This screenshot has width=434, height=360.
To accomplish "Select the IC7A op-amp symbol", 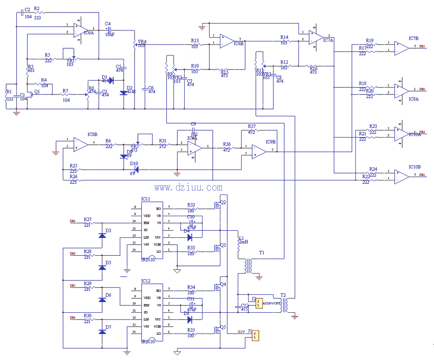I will pyautogui.click(x=317, y=37).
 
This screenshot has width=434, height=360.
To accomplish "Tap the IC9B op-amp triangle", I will pyautogui.click(x=258, y=151).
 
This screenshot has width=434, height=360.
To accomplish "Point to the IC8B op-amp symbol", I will pyautogui.click(x=80, y=143).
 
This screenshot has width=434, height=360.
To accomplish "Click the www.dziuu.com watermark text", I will pyautogui.click(x=188, y=188).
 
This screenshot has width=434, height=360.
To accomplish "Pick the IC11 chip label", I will pyautogui.click(x=145, y=199).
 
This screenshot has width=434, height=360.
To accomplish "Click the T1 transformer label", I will pyautogui.click(x=262, y=252).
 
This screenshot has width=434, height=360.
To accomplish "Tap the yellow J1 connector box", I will pyautogui.click(x=256, y=334).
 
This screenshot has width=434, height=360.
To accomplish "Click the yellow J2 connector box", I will pyautogui.click(x=259, y=303).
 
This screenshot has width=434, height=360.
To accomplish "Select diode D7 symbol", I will pyautogui.click(x=102, y=332).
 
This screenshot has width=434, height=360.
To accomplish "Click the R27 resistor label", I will pyautogui.click(x=87, y=219).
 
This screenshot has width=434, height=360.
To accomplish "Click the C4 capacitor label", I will pyautogui.click(x=107, y=24).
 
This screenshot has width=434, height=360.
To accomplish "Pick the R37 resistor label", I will pyautogui.click(x=252, y=126).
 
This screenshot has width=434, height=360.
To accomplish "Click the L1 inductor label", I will pyautogui.click(x=242, y=237).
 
